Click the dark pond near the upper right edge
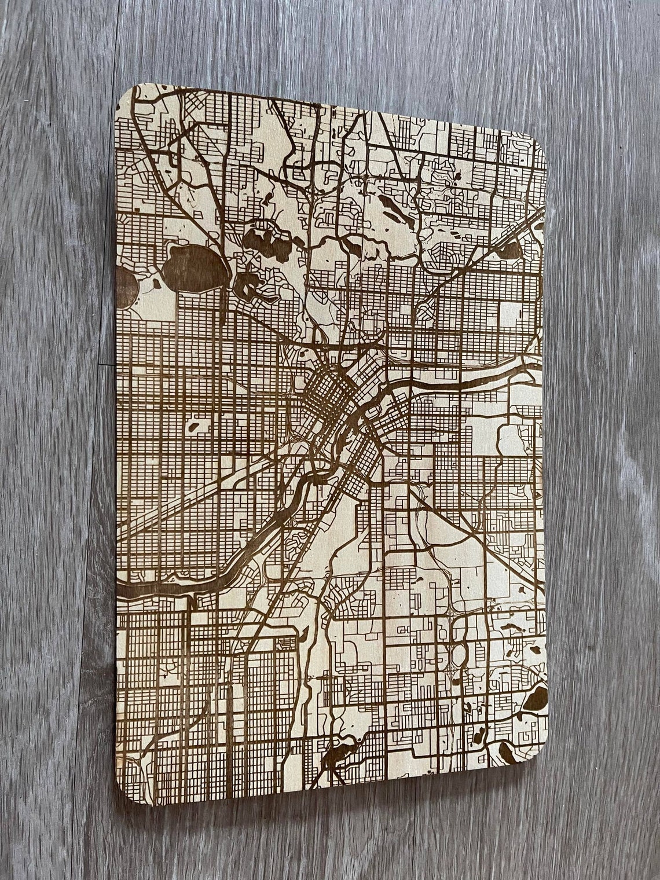pos(510,249)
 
